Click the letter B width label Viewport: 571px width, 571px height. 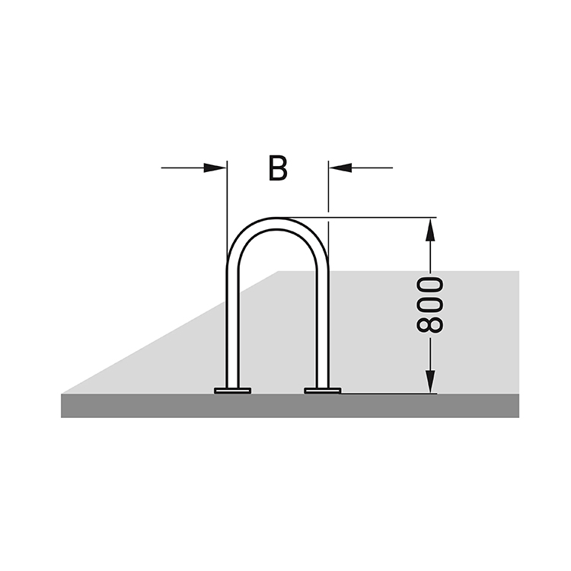pyautogui.click(x=278, y=168)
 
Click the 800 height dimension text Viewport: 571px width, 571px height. pyautogui.click(x=429, y=305)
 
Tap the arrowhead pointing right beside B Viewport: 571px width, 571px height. pyautogui.click(x=215, y=168)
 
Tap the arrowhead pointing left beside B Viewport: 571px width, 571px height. pyautogui.click(x=340, y=168)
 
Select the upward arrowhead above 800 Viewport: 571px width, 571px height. pyautogui.click(x=430, y=229)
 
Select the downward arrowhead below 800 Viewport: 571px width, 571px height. pyautogui.click(x=430, y=381)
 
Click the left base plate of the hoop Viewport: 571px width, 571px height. pyautogui.click(x=233, y=391)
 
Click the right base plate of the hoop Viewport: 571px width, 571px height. pyautogui.click(x=323, y=391)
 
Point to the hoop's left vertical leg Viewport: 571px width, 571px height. pyautogui.click(x=232, y=327)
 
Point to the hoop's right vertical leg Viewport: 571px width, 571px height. pyautogui.click(x=323, y=327)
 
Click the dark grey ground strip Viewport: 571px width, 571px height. pyautogui.click(x=290, y=406)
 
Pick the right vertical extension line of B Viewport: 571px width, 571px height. pyautogui.click(x=328, y=186)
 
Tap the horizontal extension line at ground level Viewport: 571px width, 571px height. pyautogui.click(x=389, y=394)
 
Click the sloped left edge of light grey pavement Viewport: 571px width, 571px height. pyautogui.click(x=170, y=333)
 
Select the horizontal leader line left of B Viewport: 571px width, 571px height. pyautogui.click(x=183, y=168)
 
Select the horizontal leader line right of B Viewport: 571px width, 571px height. pyautogui.click(x=372, y=168)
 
